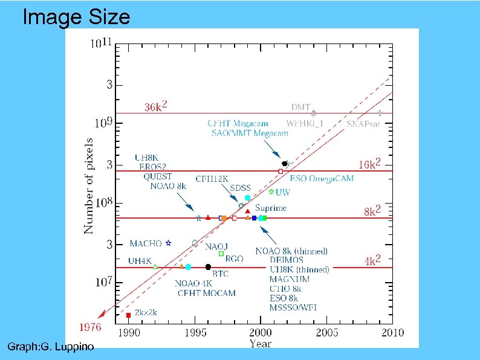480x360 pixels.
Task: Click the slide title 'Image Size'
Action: point(76,17)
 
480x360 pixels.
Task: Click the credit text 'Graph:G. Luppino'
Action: point(51,347)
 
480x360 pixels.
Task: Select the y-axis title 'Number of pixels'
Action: point(89,187)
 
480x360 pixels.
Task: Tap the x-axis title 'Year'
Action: point(261,344)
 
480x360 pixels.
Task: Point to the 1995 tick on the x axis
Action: point(195,333)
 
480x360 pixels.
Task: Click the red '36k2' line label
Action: point(156,107)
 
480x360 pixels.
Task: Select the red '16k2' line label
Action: point(369,164)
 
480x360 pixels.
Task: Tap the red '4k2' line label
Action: point(372,262)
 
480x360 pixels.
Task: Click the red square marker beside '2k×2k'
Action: point(128,315)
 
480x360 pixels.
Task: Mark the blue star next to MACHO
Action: point(169,243)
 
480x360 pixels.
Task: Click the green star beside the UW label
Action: point(271,191)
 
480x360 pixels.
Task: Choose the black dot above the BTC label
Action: point(208,266)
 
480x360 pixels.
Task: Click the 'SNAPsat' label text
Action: point(363,123)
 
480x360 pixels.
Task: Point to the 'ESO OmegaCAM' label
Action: point(322,178)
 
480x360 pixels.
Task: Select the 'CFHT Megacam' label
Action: point(238,123)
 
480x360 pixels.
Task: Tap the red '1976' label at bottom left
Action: point(91,327)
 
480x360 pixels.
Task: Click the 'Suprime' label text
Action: point(271,208)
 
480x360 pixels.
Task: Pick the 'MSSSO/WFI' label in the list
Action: point(293,307)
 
